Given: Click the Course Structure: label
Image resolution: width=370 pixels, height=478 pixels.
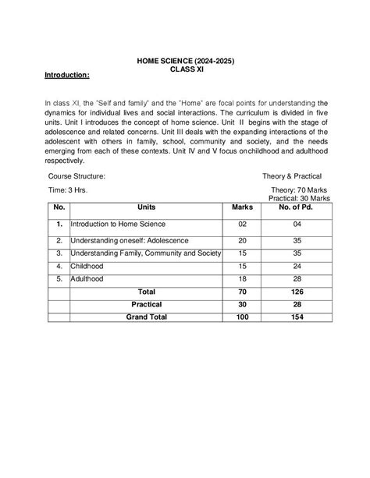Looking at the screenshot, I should click(76, 177).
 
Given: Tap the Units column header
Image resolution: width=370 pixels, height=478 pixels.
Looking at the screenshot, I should click(146, 209).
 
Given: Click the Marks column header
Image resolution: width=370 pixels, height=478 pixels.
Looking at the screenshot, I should click(243, 209).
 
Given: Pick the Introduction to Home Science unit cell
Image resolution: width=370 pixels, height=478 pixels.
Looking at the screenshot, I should click(117, 224).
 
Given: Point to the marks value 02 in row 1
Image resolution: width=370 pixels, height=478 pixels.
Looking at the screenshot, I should click(243, 224).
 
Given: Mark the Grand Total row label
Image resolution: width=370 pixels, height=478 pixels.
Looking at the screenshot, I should click(146, 317).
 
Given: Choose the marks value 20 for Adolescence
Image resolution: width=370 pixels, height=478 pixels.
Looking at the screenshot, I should click(243, 241).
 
